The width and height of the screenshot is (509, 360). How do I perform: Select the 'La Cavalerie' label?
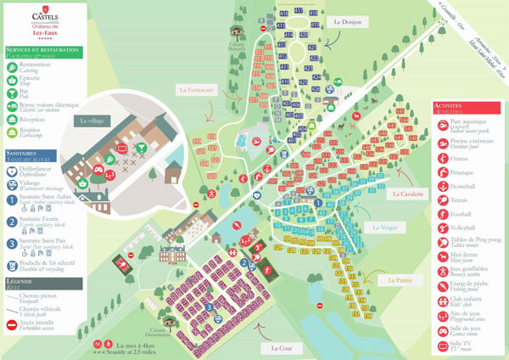(410, 194)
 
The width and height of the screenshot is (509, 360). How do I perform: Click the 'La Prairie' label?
(400, 279)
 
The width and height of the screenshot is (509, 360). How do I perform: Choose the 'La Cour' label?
(282, 348)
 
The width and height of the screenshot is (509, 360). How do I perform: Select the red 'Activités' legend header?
(467, 108)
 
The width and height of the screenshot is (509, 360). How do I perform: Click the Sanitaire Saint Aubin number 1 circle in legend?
(10, 198)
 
